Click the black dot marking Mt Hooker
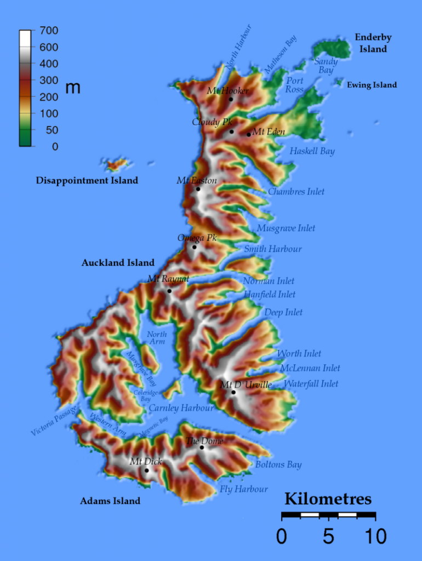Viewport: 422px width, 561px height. pyautogui.click(x=231, y=99)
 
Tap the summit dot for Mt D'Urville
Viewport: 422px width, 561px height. pyautogui.click(x=233, y=392)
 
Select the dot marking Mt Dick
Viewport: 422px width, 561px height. pyautogui.click(x=146, y=470)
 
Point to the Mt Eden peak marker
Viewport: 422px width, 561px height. pyautogui.click(x=248, y=134)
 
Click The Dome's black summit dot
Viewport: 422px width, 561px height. pyautogui.click(x=202, y=448)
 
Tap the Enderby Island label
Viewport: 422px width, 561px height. pyautogui.click(x=373, y=43)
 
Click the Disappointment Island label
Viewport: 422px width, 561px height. pyautogui.click(x=87, y=180)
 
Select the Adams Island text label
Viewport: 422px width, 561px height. pyautogui.click(x=110, y=501)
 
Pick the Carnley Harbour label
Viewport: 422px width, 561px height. pyautogui.click(x=181, y=408)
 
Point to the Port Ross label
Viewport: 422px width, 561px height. pyautogui.click(x=295, y=85)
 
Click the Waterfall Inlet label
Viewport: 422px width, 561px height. pyautogui.click(x=311, y=384)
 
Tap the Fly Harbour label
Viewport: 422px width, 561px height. pyautogui.click(x=244, y=489)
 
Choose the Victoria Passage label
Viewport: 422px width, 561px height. pyautogui.click(x=54, y=420)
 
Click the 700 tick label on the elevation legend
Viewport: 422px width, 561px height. pyautogui.click(x=45, y=31)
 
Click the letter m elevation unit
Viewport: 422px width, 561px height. pyautogui.click(x=73, y=88)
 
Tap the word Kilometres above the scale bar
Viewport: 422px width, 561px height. pyautogui.click(x=328, y=499)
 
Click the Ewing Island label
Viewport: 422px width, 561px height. pyautogui.click(x=372, y=85)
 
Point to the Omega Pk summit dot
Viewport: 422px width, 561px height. pyautogui.click(x=194, y=247)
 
